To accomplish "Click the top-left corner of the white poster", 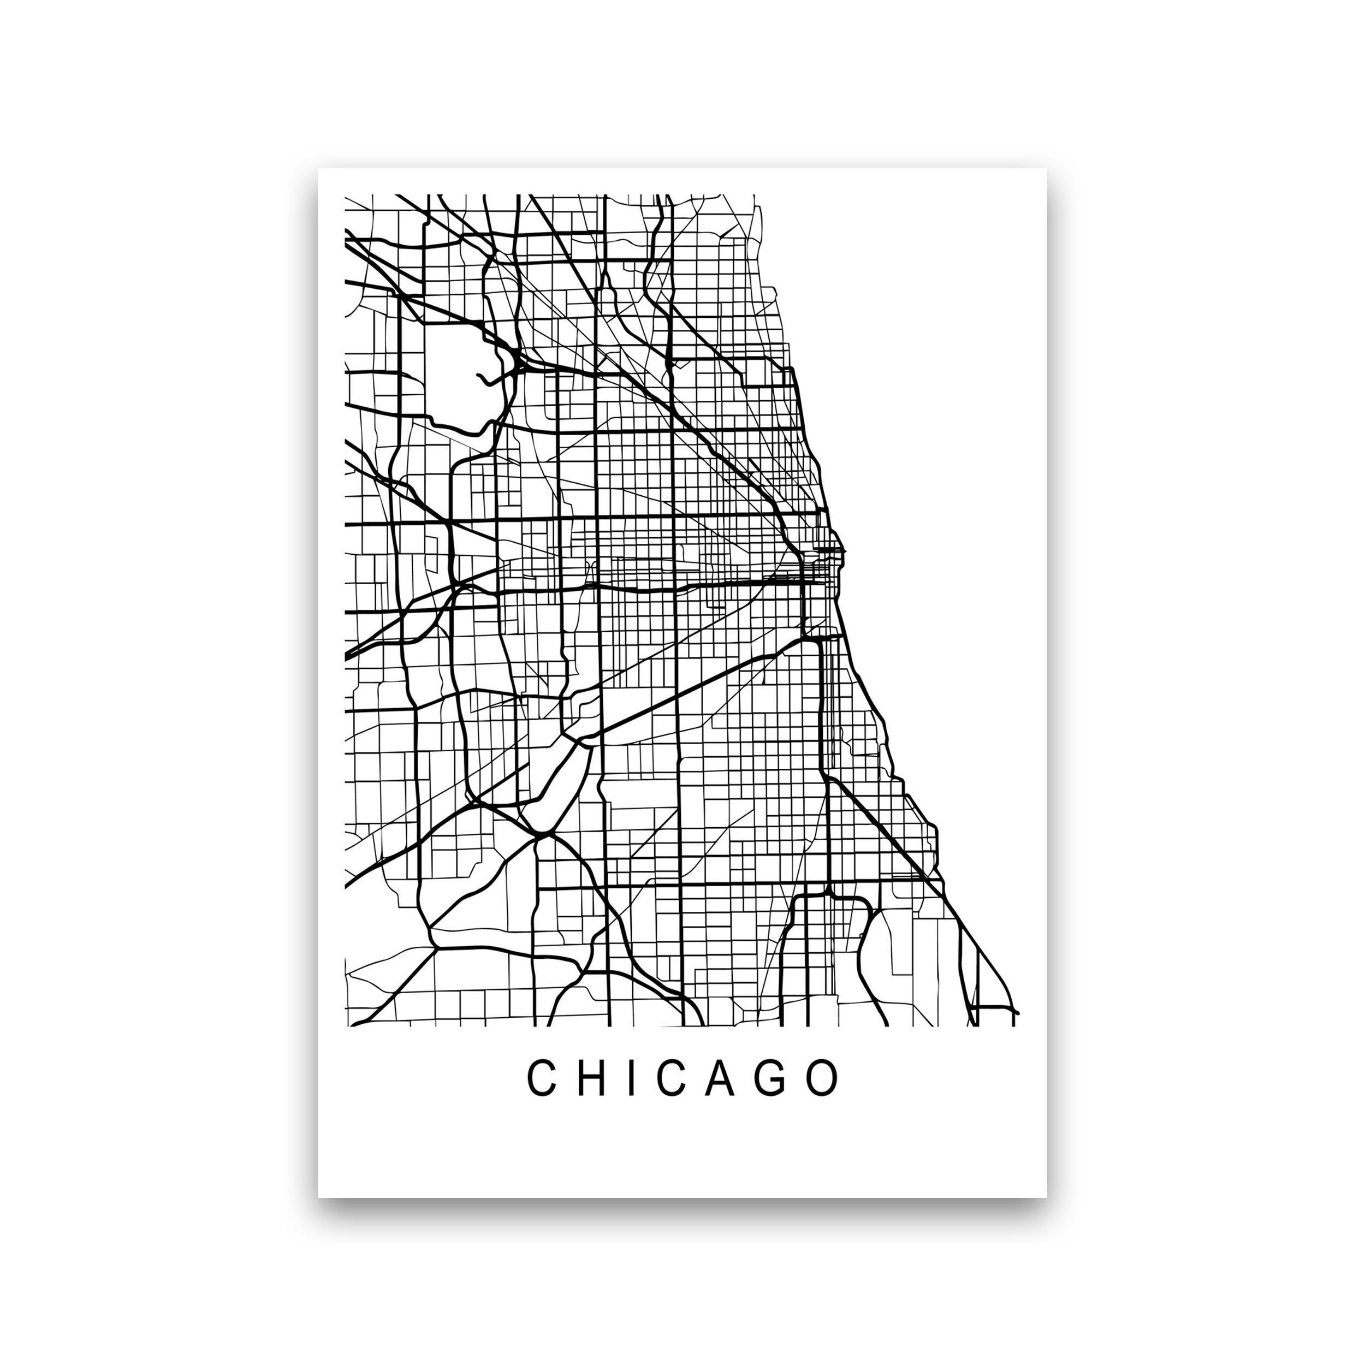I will click(x=319, y=169).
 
